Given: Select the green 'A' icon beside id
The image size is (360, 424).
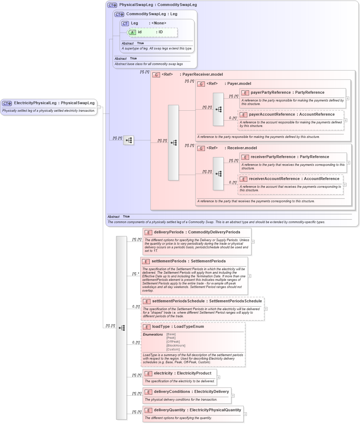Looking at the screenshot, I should pyautogui.click(x=132, y=32).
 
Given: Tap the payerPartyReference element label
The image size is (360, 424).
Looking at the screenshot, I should pyautogui.click(x=270, y=93).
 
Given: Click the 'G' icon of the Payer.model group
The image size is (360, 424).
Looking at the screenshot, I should pyautogui.click(x=201, y=84).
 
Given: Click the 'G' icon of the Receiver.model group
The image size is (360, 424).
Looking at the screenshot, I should pyautogui.click(x=201, y=148).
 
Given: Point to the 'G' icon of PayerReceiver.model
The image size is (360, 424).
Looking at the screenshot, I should pyautogui.click(x=156, y=75).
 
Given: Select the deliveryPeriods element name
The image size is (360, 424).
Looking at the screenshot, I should pyautogui.click(x=169, y=232).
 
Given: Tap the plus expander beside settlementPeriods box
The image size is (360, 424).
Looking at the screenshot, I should pyautogui.click(x=249, y=276).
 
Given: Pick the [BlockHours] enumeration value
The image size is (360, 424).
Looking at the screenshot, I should pyautogui.click(x=176, y=345).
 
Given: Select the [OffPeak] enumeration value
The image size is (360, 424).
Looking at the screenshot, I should pyautogui.click(x=173, y=342).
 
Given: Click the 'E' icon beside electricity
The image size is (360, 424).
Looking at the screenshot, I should pyautogui.click(x=148, y=373).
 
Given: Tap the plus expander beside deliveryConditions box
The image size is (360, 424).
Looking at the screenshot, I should pyautogui.click(x=233, y=396).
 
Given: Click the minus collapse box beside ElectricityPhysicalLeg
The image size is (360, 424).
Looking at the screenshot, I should pyautogui.click(x=99, y=107).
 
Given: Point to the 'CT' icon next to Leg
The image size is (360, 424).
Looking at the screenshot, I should pyautogui.click(x=125, y=24).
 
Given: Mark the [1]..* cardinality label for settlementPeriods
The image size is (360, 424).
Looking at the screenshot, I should pyautogui.click(x=136, y=273).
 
